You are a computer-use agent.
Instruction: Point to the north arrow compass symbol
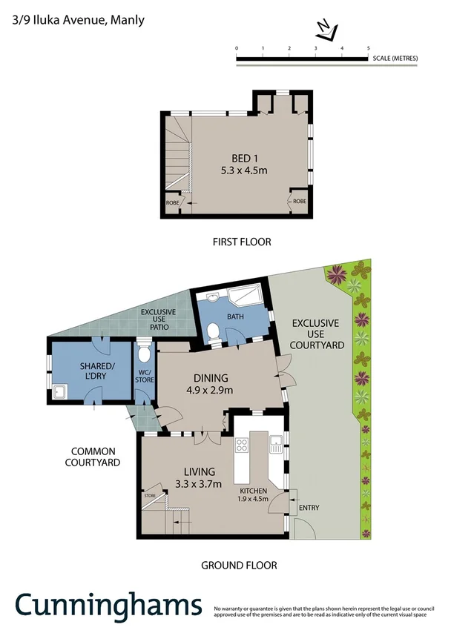(x=326, y=30)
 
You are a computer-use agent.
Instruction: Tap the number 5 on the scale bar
(x=369, y=48)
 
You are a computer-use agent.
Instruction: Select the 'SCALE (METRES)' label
(x=395, y=58)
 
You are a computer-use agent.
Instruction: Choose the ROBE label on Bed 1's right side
(x=299, y=201)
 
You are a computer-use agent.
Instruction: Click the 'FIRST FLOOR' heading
(x=241, y=242)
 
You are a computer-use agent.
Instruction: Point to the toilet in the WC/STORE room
(x=145, y=351)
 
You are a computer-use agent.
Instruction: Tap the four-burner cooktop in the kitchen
(x=242, y=446)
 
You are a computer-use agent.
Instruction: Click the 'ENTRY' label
(x=308, y=508)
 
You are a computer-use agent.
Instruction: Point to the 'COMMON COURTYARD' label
(x=95, y=457)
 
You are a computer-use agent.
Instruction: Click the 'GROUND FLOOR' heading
(x=239, y=566)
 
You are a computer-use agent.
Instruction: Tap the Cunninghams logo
(x=108, y=606)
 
